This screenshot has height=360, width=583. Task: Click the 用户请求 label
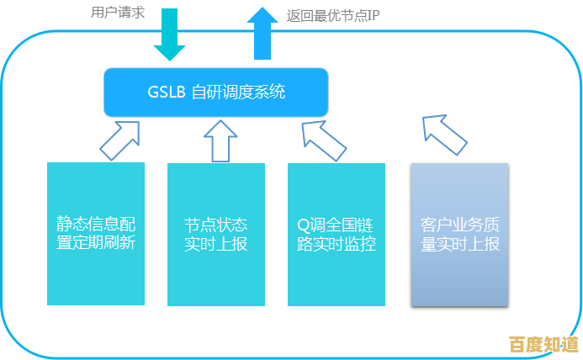[119, 13]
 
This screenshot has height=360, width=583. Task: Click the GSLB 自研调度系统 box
[215, 92]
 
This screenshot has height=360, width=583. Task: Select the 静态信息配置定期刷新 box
[96, 234]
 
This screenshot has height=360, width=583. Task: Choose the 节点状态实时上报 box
[216, 234]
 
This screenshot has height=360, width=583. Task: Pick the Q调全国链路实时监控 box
[337, 234]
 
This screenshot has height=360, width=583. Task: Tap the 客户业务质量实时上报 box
[459, 234]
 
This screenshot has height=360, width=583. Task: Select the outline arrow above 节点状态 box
[221, 139]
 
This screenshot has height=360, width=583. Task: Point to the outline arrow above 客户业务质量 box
[443, 135]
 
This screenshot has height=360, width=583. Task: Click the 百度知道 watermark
[543, 345]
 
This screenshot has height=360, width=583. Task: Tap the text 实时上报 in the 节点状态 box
[216, 245]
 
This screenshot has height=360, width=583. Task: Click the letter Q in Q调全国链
[303, 225]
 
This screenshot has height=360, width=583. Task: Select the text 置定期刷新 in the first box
[96, 245]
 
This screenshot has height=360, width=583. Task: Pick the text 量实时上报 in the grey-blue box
[459, 245]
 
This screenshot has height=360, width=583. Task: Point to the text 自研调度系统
[239, 92]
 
